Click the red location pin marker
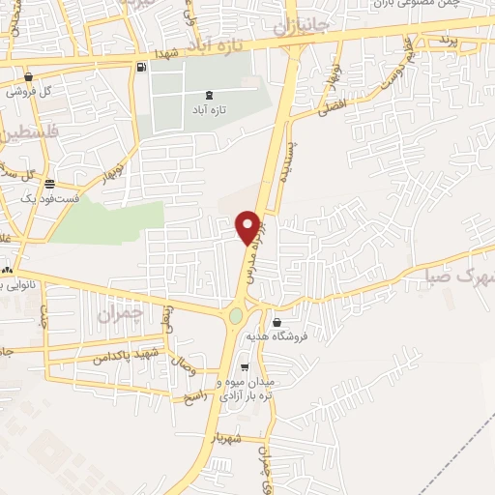click(x=249, y=226)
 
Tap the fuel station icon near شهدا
click(x=143, y=67)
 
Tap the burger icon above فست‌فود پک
click(x=49, y=184)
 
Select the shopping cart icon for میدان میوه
click(x=245, y=367)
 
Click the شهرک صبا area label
click(x=455, y=278)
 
